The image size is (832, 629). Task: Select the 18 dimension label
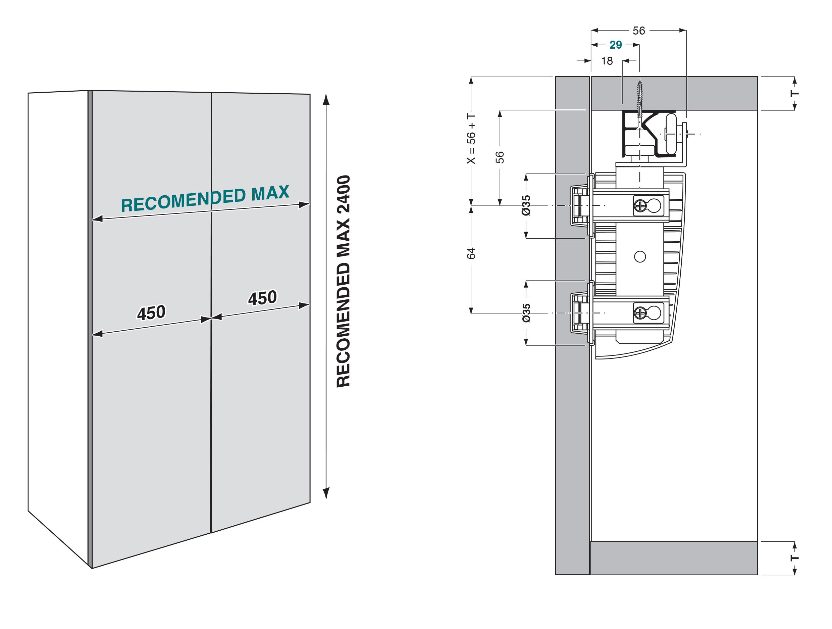click(x=607, y=61)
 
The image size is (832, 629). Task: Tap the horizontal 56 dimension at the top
click(x=639, y=31)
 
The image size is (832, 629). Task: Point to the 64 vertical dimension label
click(x=471, y=253)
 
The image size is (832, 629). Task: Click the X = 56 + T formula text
click(x=471, y=139)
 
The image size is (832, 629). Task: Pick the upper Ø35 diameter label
click(x=526, y=205)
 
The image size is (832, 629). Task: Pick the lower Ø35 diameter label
click(x=526, y=313)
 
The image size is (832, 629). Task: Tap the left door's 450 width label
click(x=151, y=313)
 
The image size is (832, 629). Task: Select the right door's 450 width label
click(x=263, y=298)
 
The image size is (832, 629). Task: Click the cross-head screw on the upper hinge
click(x=640, y=205)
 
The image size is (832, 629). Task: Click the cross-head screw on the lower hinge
click(x=640, y=313)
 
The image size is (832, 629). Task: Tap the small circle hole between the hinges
click(x=640, y=257)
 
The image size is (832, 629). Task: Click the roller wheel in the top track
click(x=671, y=134)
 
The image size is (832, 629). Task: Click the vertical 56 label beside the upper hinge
click(x=500, y=157)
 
